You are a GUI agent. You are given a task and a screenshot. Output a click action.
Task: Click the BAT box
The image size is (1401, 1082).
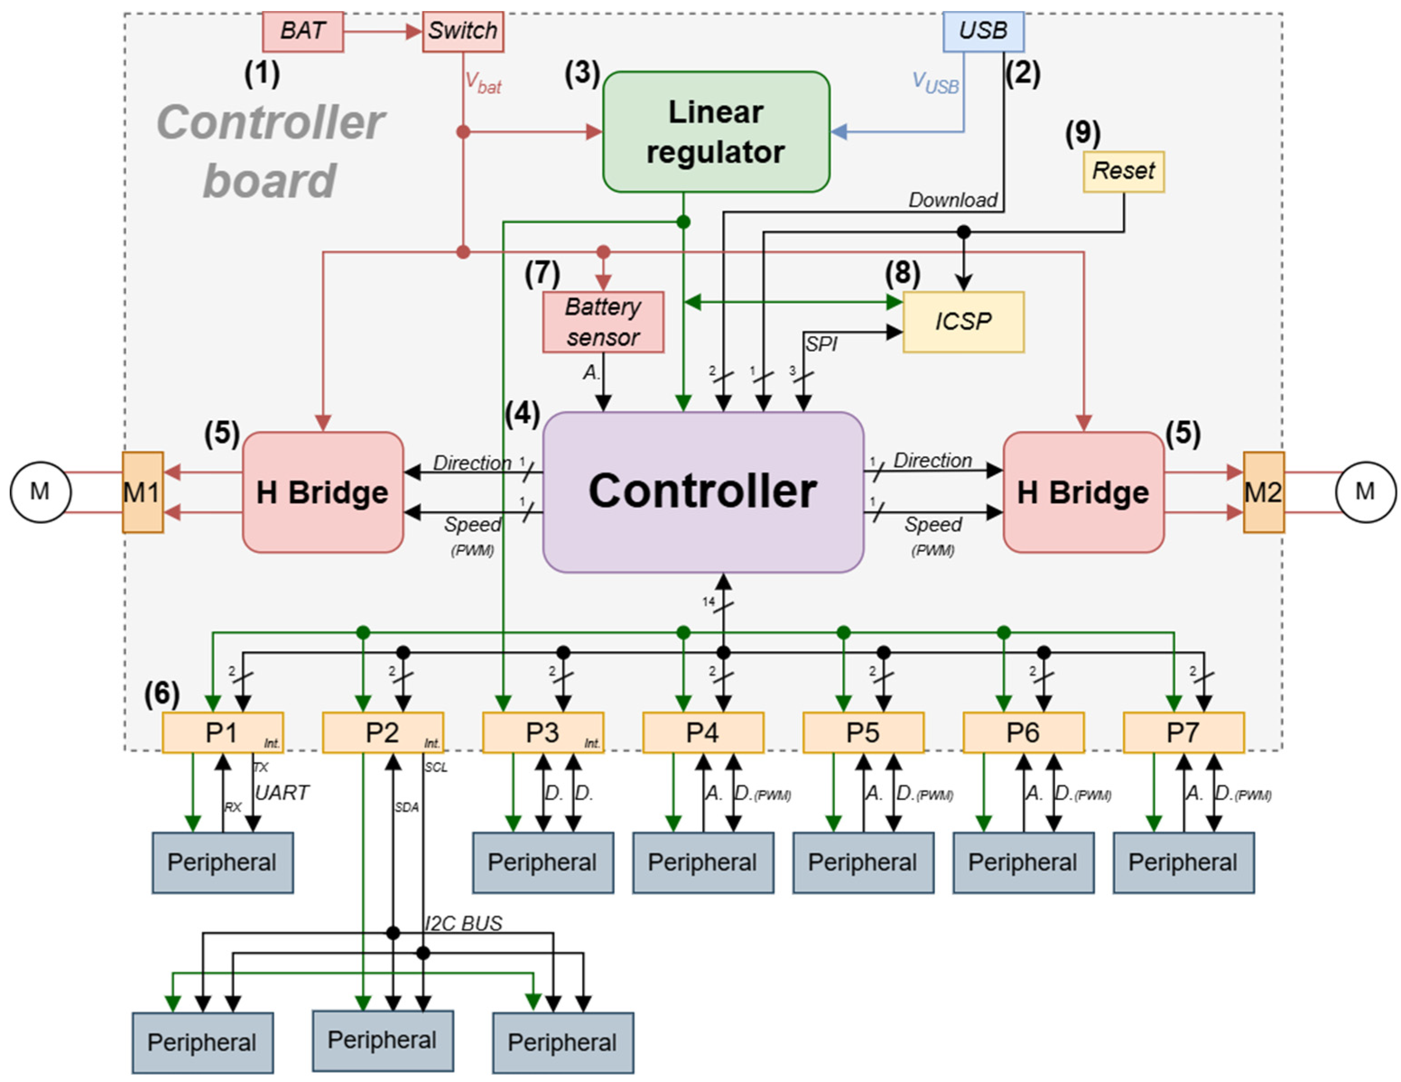(x=303, y=32)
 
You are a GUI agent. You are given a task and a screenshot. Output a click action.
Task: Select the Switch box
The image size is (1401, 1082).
(x=463, y=32)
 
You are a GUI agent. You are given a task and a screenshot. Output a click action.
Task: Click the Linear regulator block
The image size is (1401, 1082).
(x=716, y=131)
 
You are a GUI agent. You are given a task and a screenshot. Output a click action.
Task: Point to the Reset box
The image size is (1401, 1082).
(x=1124, y=171)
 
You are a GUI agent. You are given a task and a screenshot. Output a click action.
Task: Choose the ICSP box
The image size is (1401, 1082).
(x=964, y=322)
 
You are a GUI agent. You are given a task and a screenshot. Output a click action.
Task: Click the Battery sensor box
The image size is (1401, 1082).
(x=603, y=322)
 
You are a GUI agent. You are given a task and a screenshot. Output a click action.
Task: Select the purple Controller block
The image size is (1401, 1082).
(x=703, y=492)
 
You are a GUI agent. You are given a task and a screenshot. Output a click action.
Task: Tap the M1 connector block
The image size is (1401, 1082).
(x=143, y=492)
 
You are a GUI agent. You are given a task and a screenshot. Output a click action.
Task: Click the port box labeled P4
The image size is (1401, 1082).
(x=703, y=732)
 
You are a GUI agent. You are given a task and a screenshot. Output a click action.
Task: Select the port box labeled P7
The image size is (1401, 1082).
(x=1183, y=732)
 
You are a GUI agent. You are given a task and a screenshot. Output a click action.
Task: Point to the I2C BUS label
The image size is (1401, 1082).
(x=463, y=924)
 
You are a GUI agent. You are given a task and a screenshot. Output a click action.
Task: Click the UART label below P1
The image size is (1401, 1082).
(x=282, y=793)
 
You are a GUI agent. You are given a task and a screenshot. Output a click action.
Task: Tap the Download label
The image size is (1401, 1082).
(x=953, y=200)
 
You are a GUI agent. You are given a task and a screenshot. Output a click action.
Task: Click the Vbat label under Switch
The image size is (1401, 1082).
(x=483, y=83)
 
